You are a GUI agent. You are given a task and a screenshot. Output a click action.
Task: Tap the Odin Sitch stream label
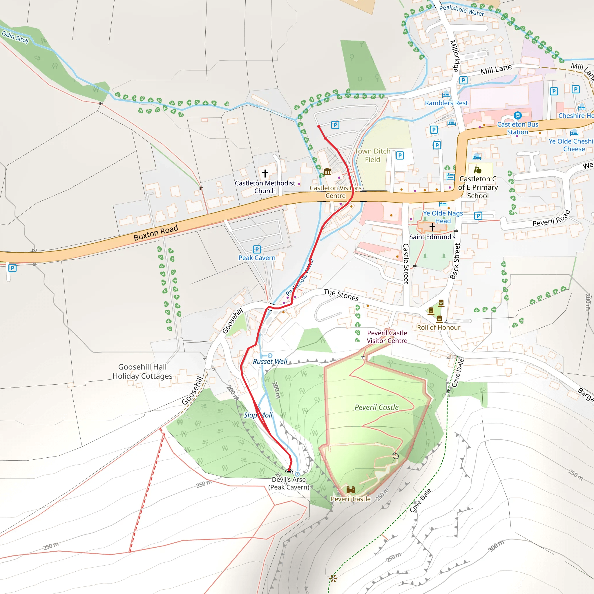pyautogui.click(x=15, y=37)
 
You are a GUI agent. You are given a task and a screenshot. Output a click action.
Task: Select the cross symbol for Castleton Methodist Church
pyautogui.click(x=265, y=173)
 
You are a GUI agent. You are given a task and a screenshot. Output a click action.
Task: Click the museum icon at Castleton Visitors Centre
pyautogui.click(x=327, y=172)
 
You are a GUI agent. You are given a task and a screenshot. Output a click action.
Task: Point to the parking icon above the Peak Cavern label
pyautogui.click(x=257, y=249)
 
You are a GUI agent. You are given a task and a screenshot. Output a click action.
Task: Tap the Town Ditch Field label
pyautogui.click(x=372, y=155)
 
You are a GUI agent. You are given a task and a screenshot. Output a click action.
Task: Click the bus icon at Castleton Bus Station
pyautogui.click(x=517, y=115)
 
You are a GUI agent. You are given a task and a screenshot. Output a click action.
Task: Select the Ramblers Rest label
pyautogui.click(x=446, y=103)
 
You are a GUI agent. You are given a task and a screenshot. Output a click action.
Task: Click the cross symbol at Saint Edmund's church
pyautogui.click(x=432, y=227)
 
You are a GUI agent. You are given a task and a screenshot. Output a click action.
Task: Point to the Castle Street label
pyautogui.click(x=406, y=263)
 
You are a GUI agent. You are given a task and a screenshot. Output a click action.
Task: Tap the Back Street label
pyautogui.click(x=455, y=261)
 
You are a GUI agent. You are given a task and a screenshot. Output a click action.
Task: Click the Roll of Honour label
pyautogui.click(x=439, y=327)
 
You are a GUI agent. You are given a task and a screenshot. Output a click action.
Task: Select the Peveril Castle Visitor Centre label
pyautogui.click(x=387, y=337)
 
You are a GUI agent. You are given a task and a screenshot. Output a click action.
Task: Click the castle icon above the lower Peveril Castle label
pyautogui.click(x=350, y=490)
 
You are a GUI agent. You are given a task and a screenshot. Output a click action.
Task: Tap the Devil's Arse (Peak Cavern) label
pyautogui.click(x=289, y=483)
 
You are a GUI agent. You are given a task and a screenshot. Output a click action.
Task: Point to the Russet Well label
pyautogui.click(x=270, y=361)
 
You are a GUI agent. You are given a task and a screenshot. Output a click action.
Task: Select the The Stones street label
pyautogui.click(x=341, y=295)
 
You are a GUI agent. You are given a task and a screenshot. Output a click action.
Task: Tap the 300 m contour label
pyautogui.click(x=496, y=546)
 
